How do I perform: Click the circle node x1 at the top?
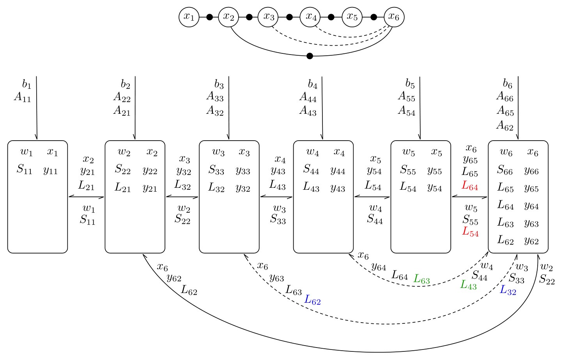point(189,17)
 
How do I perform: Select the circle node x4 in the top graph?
point(310,17)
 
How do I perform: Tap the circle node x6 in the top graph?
point(394,17)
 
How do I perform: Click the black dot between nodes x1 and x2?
point(209,17)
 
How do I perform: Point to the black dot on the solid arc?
point(310,56)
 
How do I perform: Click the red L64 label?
point(470,186)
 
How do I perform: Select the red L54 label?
point(470,232)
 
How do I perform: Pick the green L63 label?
point(422,279)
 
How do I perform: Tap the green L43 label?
point(468,285)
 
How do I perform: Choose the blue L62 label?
point(312,300)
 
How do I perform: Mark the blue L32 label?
point(508,290)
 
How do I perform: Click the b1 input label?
point(27,84)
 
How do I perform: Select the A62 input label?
point(505,125)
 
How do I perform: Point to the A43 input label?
point(308,111)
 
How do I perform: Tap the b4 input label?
point(313,85)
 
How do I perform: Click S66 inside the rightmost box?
point(505,170)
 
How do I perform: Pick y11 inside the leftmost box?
point(51,170)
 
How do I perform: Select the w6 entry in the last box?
point(506,152)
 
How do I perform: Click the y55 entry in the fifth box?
point(434,171)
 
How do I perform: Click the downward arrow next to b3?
point(229,108)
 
